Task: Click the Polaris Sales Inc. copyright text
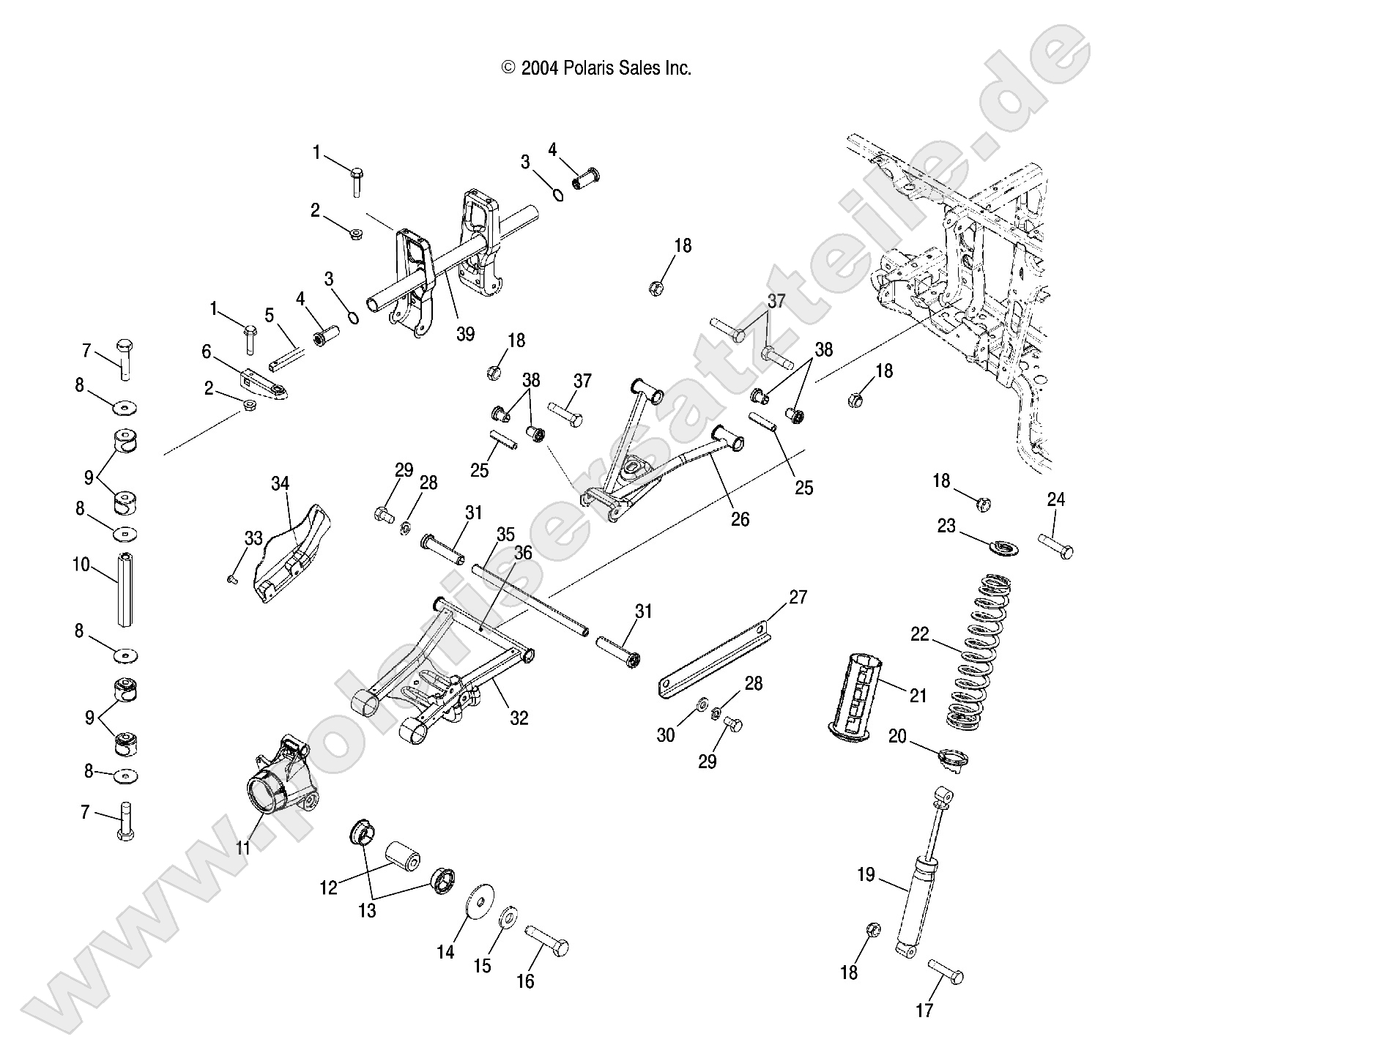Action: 595,68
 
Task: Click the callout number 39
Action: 465,334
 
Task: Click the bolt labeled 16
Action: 547,940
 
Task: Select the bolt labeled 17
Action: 946,971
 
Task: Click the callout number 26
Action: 740,519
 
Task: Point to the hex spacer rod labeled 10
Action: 127,589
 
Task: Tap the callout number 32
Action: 519,718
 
